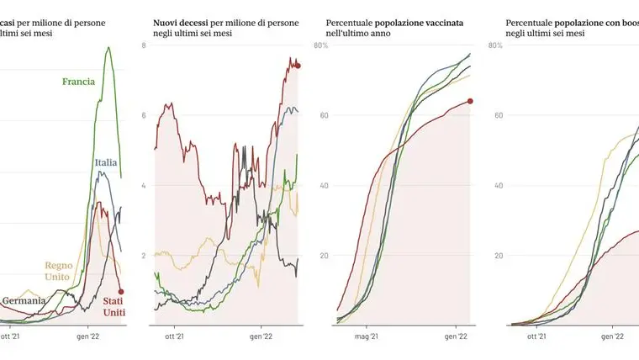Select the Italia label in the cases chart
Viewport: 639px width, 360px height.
click(105, 162)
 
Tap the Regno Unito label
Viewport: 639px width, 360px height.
click(59, 270)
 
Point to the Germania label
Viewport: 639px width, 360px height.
click(24, 301)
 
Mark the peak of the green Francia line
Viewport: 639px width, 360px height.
click(108, 48)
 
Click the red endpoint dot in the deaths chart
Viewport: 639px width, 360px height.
click(298, 66)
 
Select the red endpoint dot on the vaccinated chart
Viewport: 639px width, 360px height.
click(470, 101)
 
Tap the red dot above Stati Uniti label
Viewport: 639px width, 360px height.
click(122, 291)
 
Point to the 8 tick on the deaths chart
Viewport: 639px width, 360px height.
click(145, 45)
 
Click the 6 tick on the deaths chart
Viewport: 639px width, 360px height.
click(145, 114)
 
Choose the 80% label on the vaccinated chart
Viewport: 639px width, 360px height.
click(320, 45)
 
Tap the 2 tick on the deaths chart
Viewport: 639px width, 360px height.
click(145, 255)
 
